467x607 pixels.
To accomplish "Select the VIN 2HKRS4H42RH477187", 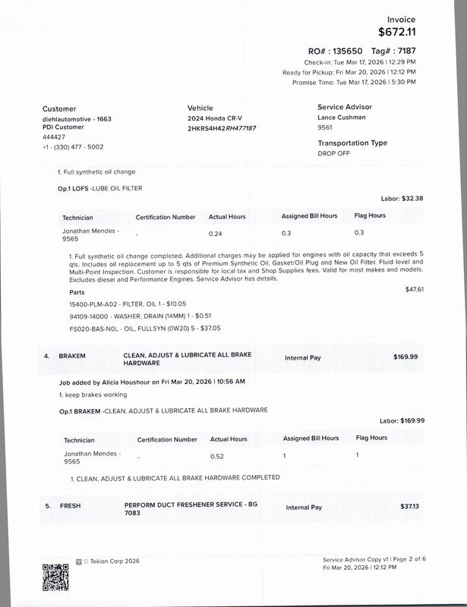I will tap(222, 128).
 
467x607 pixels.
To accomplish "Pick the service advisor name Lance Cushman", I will tap(341, 118).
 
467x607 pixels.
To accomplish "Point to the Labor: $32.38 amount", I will tap(402, 198).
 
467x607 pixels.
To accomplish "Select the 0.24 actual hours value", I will tap(216, 233).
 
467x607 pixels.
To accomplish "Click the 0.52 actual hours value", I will tap(217, 456).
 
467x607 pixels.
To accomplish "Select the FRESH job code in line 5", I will tap(71, 505).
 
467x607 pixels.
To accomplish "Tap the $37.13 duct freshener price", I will tap(409, 506).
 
